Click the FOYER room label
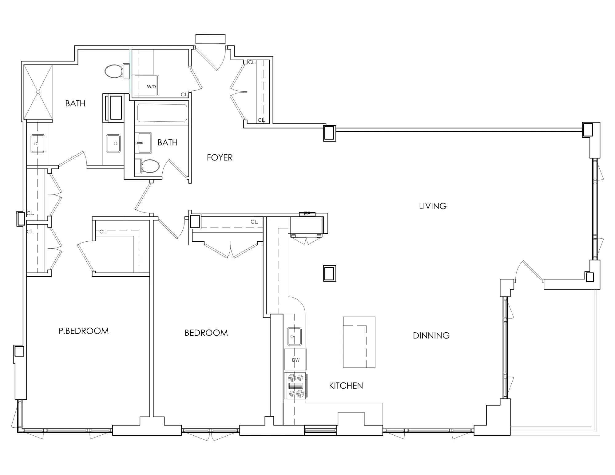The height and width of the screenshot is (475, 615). click(220, 158)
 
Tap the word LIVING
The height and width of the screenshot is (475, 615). click(433, 206)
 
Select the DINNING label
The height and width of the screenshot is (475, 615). click(431, 335)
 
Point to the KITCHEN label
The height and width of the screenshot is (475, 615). click(346, 386)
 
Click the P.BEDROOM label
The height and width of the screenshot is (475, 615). click(84, 331)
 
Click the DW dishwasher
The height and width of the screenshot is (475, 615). click(296, 359)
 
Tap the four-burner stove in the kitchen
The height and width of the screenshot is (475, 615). click(295, 386)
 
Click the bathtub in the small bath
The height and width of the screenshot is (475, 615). click(162, 113)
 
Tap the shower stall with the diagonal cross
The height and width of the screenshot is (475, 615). click(38, 92)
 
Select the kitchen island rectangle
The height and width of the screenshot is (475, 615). click(359, 342)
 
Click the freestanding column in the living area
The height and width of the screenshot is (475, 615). click(329, 273)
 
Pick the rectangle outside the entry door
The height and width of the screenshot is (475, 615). click(211, 39)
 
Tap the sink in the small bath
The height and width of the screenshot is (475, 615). click(144, 143)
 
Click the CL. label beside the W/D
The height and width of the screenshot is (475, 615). click(184, 94)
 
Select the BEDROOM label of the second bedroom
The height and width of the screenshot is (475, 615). click(206, 333)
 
